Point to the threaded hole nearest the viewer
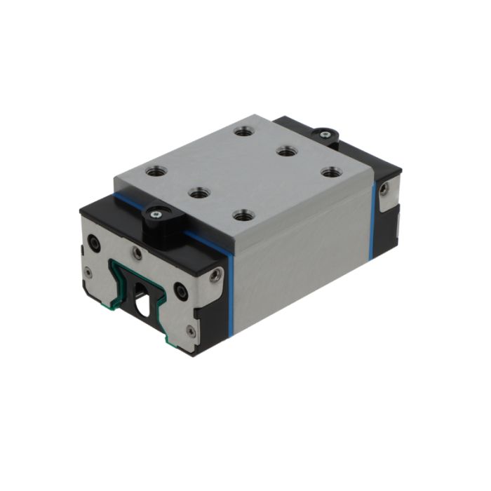(x=243, y=215)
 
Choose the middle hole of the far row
(x=285, y=150)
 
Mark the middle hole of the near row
(x=199, y=191)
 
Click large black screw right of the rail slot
(x=181, y=288)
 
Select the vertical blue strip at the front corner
(x=229, y=295)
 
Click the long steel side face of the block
(x=302, y=253)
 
